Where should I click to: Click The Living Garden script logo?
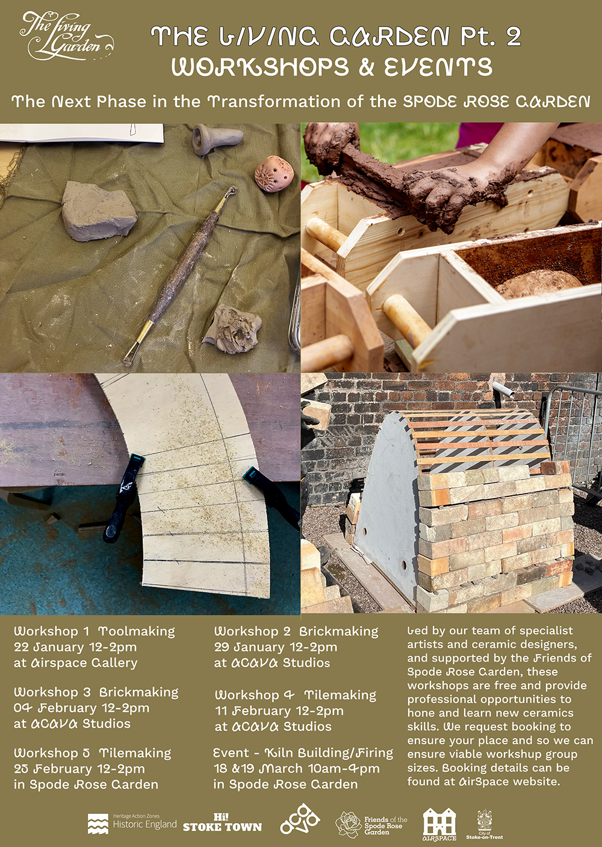pos(67,36)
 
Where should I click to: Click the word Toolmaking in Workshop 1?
pos(137,631)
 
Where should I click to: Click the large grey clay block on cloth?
pos(99,211)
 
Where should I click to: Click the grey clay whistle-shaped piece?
pos(216,138)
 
